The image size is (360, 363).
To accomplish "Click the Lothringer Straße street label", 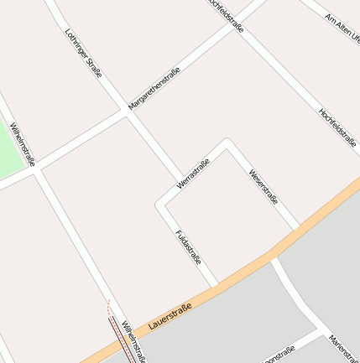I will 83,54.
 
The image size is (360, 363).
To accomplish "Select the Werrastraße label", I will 193,173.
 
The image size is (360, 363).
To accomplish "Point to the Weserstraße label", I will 263,186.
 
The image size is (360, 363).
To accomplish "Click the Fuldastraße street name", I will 189,247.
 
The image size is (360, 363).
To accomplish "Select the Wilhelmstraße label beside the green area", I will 23,145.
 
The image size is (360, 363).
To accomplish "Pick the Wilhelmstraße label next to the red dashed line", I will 133,340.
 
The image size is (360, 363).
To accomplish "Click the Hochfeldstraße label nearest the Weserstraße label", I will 337,127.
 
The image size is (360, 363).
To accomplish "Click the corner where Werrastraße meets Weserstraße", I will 227,142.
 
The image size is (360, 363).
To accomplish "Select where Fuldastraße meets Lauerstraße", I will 216,285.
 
